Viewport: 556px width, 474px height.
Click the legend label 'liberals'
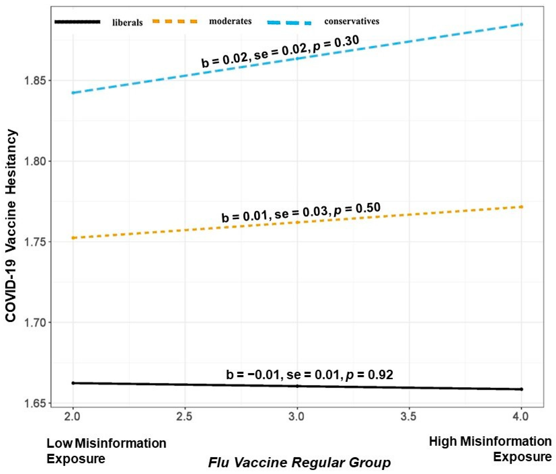pos(127,23)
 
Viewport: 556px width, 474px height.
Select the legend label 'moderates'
pos(230,21)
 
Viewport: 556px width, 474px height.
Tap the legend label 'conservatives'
pos(351,21)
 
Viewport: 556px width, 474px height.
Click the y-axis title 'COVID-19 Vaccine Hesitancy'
pos(11,225)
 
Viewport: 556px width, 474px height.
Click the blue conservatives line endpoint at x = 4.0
pos(521,24)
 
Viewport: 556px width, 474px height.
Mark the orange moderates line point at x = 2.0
pos(73,238)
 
